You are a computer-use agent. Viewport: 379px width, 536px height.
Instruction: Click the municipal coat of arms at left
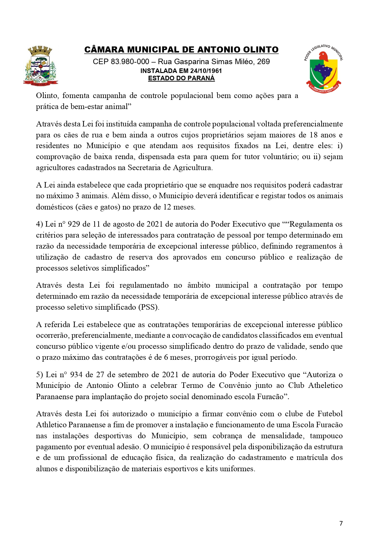click(41, 65)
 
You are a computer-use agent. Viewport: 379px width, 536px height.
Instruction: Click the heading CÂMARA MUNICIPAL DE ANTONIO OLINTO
click(181, 50)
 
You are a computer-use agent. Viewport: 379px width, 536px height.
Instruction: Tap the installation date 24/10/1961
click(206, 71)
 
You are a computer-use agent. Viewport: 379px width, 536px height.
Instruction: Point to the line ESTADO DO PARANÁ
click(181, 78)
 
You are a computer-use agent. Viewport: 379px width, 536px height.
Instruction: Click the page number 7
click(341, 523)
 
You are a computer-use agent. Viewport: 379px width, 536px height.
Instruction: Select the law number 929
click(74, 224)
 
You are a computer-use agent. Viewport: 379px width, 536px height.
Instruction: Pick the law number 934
click(76, 375)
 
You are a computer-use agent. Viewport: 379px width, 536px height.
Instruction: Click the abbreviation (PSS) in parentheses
click(149, 307)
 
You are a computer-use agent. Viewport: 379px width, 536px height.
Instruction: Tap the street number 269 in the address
click(263, 62)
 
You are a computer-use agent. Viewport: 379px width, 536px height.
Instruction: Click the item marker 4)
click(40, 224)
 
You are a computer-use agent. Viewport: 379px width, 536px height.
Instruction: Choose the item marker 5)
click(40, 375)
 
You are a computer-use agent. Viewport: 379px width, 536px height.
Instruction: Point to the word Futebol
click(330, 414)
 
